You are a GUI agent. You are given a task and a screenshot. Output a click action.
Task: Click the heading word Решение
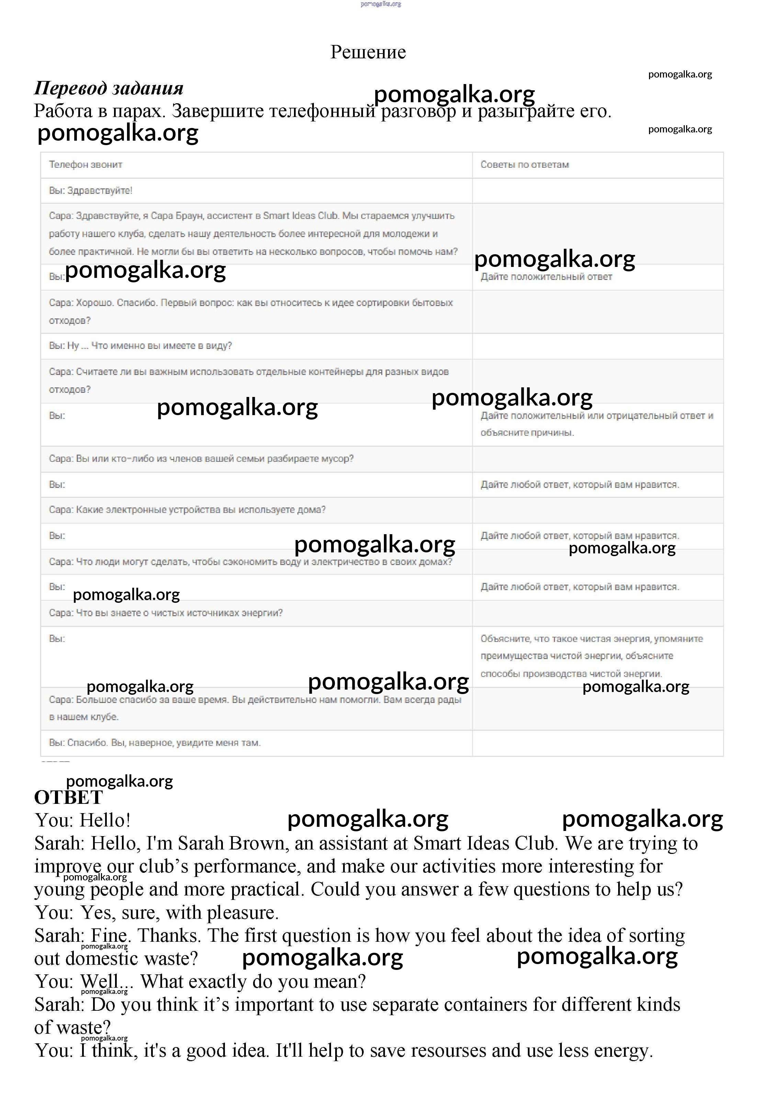pyautogui.click(x=368, y=52)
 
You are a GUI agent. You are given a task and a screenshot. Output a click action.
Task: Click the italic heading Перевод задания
pyautogui.click(x=109, y=88)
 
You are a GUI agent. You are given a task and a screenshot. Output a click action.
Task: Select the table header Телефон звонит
pyautogui.click(x=86, y=164)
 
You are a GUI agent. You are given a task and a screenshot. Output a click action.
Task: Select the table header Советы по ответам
pyautogui.click(x=524, y=164)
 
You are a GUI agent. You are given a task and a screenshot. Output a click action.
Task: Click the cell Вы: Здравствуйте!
pyautogui.click(x=91, y=190)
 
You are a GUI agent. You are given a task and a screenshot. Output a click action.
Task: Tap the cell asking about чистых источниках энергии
pyautogui.click(x=166, y=613)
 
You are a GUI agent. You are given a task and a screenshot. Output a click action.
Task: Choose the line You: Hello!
pyautogui.click(x=82, y=820)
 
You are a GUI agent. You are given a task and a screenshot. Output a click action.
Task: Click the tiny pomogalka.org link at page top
pyautogui.click(x=380, y=4)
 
